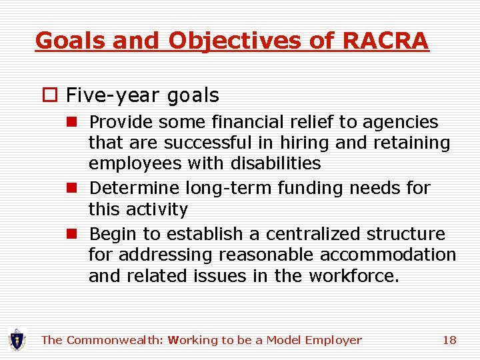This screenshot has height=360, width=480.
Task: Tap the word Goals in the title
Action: click(72, 41)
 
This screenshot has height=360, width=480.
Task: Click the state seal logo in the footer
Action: click(17, 340)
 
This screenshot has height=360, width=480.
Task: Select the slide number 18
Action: click(449, 340)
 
